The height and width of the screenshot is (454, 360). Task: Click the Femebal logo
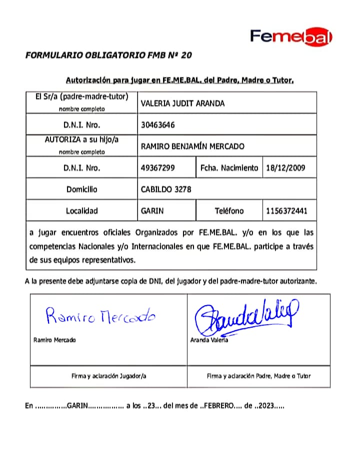291,36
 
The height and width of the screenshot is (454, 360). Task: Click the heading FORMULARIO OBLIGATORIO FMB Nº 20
108,55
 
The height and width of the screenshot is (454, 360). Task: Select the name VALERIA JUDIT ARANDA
182,104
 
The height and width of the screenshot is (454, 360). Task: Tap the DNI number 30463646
158,125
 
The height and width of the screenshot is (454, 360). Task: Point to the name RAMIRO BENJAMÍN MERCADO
192,146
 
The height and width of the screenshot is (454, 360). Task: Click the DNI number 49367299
158,168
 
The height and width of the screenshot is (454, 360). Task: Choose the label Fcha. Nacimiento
229,168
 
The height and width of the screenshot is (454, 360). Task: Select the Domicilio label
81,189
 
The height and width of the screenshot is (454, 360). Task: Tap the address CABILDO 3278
166,189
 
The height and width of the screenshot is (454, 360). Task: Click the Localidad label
81,211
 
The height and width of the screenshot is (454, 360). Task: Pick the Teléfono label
229,211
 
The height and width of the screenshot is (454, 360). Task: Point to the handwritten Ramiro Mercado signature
100,315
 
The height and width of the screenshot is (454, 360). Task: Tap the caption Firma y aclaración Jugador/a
108,376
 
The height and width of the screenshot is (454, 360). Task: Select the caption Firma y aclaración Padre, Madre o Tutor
258,376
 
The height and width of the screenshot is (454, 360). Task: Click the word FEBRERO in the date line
218,406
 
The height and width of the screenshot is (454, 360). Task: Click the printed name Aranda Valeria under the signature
209,340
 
